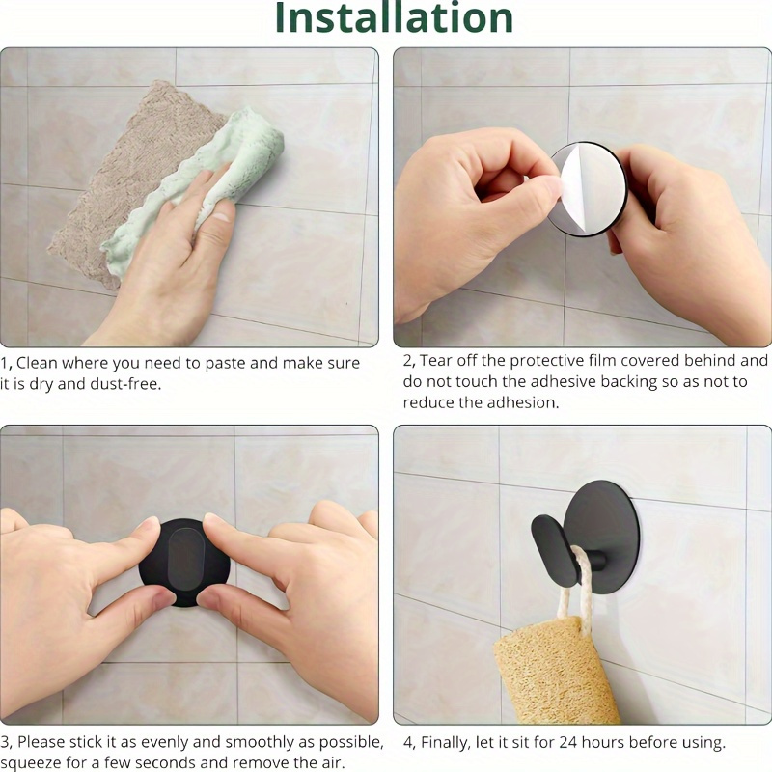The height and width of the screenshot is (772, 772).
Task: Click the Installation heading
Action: pos(394,17)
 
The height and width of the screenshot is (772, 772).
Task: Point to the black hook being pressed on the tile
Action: pos(184,563)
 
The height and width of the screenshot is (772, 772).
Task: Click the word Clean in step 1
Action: pos(37,363)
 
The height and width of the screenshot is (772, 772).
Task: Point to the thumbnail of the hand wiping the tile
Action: pos(189,197)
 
